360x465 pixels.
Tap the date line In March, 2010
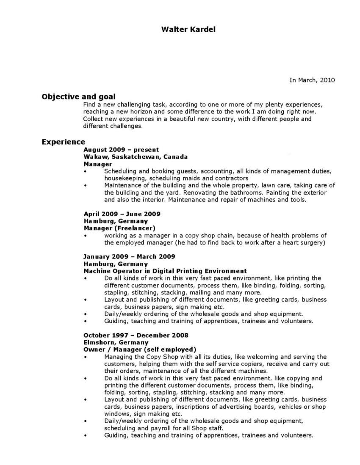coord(312,80)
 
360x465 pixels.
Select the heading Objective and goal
coord(78,96)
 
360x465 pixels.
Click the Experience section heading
coord(63,142)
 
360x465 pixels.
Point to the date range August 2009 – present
coord(121,149)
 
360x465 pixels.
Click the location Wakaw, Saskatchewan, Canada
coord(136,157)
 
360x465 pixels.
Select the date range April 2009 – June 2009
coord(122,214)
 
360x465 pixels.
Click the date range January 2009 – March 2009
coord(129,256)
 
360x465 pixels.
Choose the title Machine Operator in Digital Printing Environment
coord(165,271)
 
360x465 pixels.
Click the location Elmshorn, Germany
coord(116,342)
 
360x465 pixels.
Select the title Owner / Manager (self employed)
coord(140,349)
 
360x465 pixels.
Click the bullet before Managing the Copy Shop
coord(85,357)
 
